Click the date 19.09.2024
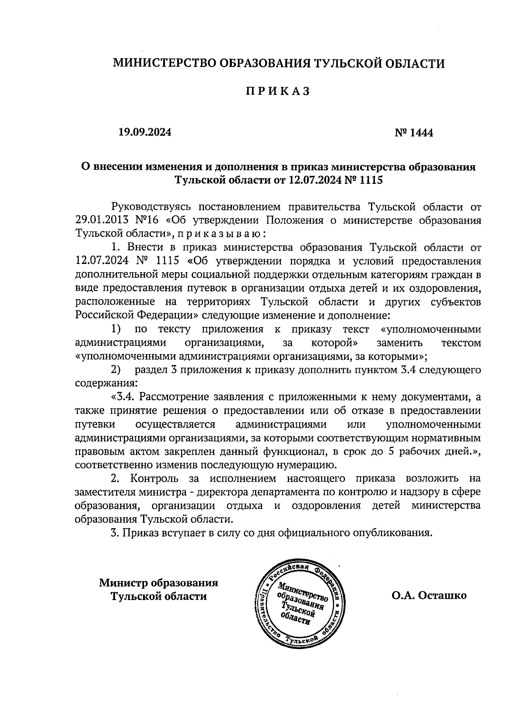point(145,132)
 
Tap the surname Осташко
point(442,595)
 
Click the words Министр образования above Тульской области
point(158,583)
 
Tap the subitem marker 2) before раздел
point(116,370)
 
